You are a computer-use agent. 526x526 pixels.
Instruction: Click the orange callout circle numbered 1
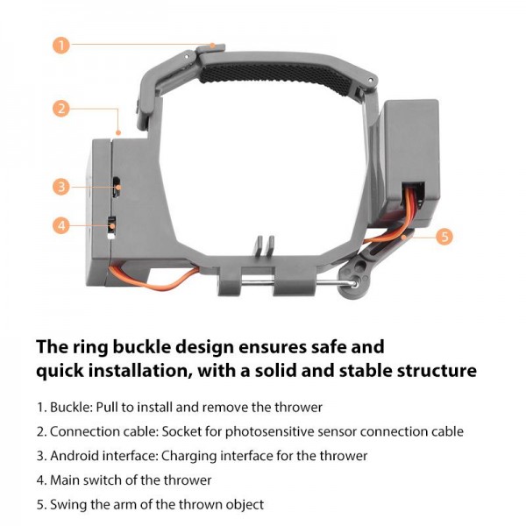click(x=60, y=45)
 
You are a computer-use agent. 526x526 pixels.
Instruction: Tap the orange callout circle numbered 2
click(x=60, y=109)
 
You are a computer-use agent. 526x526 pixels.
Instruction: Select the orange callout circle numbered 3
click(x=60, y=186)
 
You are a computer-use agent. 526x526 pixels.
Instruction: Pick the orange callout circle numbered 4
click(x=60, y=225)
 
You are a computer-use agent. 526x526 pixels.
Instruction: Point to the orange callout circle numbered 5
click(x=444, y=236)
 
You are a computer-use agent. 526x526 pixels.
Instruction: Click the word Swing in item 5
click(x=68, y=505)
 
